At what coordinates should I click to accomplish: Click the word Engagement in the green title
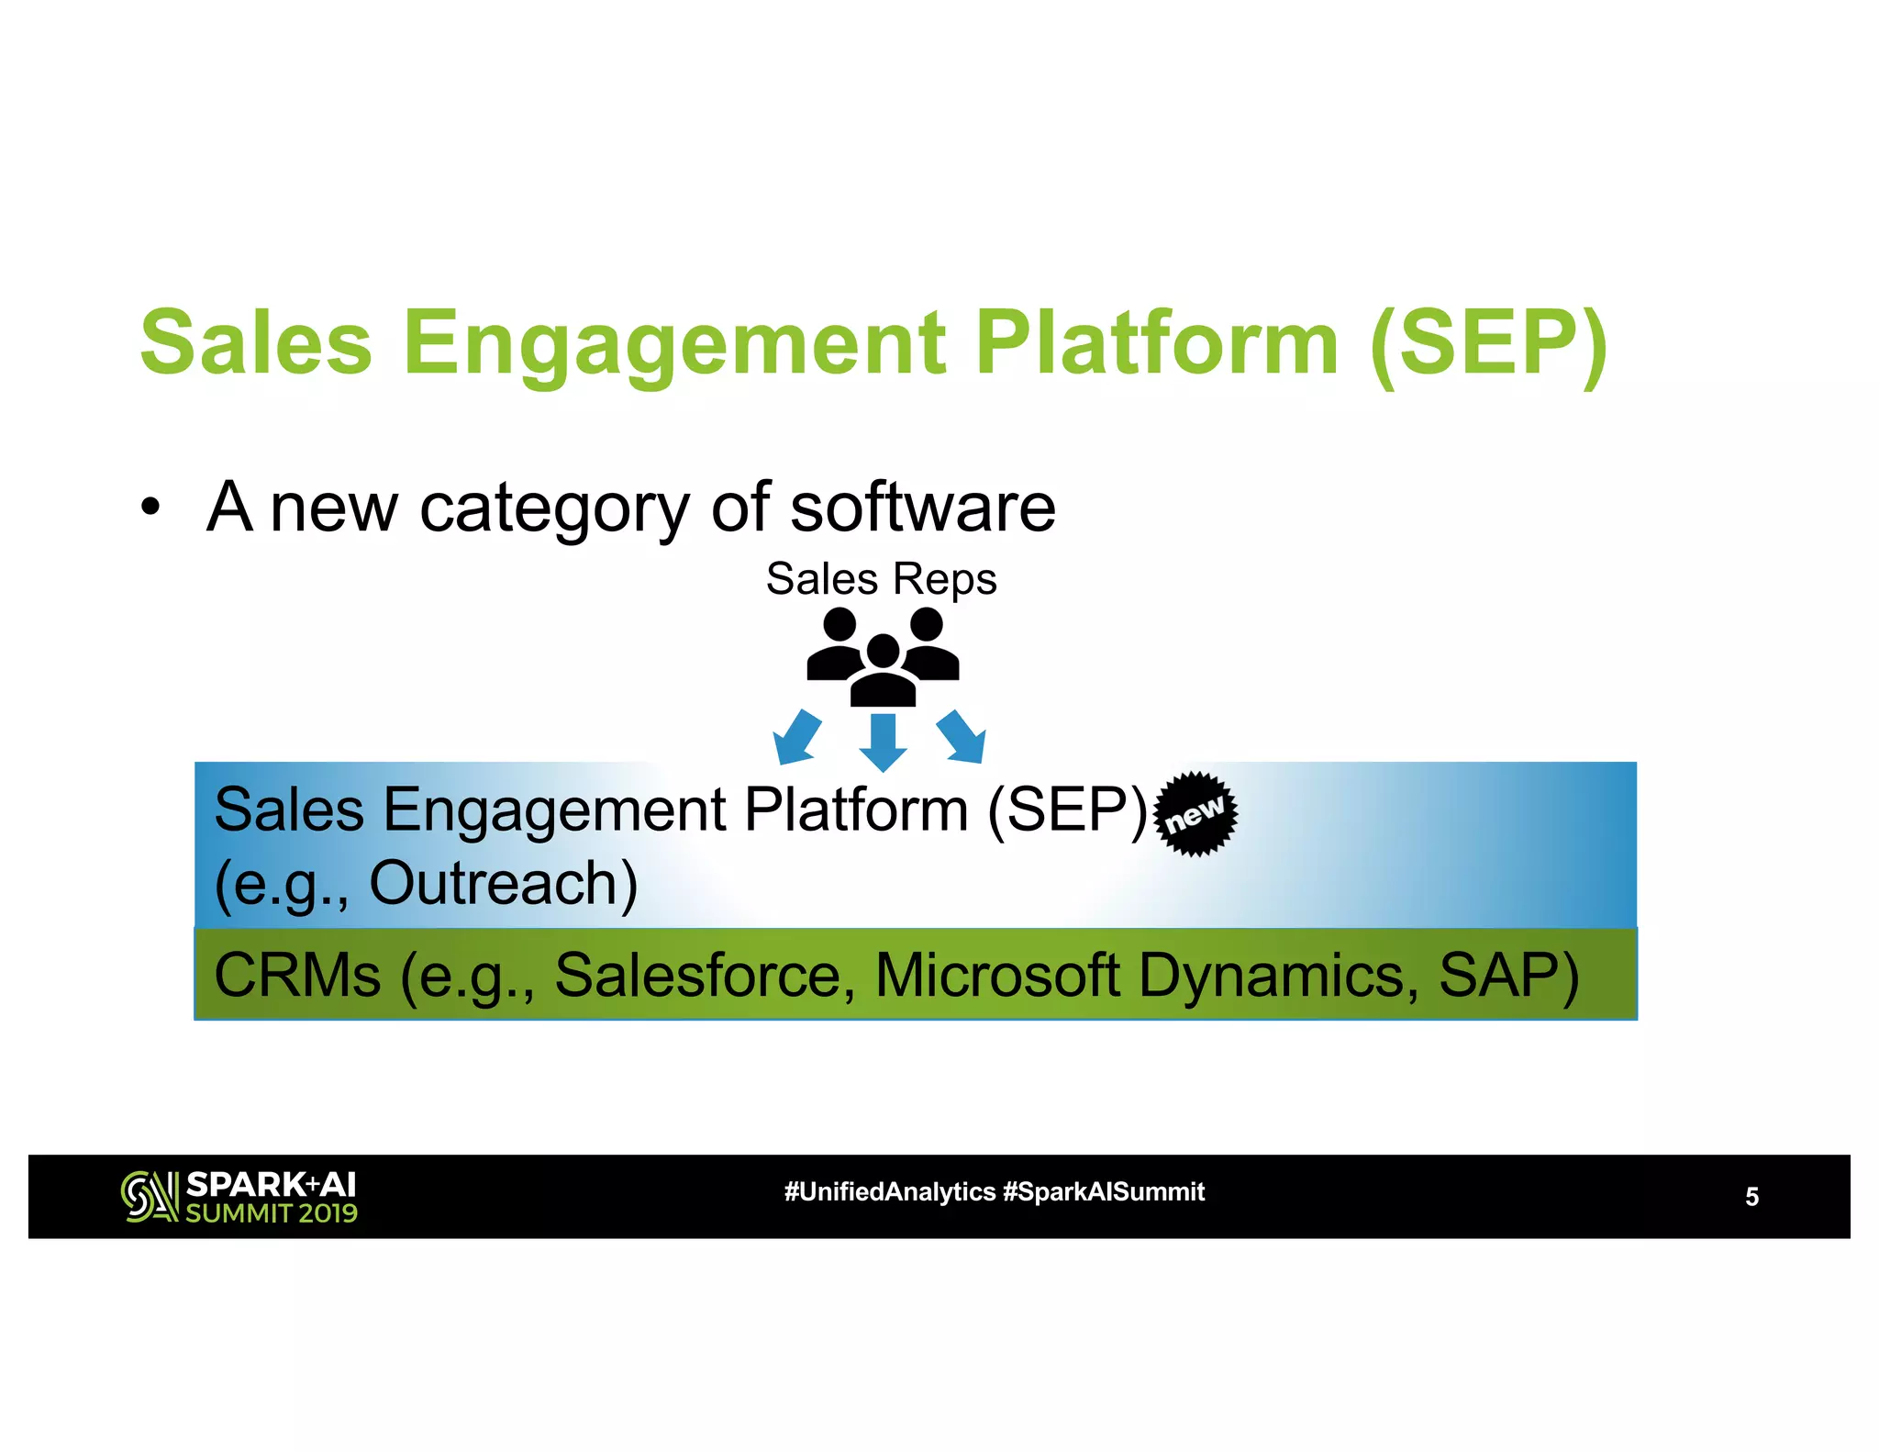[x=674, y=343]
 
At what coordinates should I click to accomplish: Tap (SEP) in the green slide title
[x=1487, y=343]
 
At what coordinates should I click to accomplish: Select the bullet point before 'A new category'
[x=150, y=507]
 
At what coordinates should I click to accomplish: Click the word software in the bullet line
[x=923, y=507]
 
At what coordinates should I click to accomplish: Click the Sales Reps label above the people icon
[x=881, y=579]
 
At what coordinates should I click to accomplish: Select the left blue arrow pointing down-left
[x=795, y=736]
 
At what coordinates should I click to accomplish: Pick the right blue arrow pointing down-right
[x=962, y=736]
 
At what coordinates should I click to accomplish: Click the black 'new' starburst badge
[x=1195, y=814]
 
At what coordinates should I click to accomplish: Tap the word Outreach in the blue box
[x=503, y=883]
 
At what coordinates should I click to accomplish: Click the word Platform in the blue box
[x=855, y=810]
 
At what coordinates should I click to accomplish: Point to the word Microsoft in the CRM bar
[x=997, y=975]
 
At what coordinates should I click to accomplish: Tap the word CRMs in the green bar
[x=297, y=975]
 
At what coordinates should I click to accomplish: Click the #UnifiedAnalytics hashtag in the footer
[x=889, y=1191]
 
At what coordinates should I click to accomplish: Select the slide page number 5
[x=1751, y=1197]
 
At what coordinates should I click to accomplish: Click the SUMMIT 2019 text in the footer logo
[x=272, y=1213]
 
